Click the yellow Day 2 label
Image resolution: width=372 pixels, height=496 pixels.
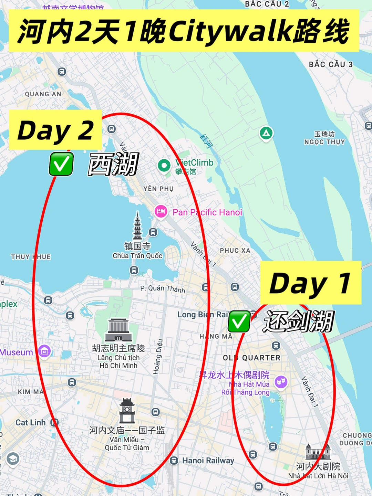pyautogui.click(x=55, y=130)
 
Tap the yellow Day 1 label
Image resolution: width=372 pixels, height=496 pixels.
pyautogui.click(x=310, y=283)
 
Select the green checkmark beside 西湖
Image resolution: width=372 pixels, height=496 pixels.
pyautogui.click(x=61, y=164)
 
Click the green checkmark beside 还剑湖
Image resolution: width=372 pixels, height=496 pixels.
pyautogui.click(x=239, y=321)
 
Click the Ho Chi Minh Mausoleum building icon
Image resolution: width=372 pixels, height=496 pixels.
pyautogui.click(x=118, y=330)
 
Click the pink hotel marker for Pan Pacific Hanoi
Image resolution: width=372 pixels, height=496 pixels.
pyautogui.click(x=161, y=211)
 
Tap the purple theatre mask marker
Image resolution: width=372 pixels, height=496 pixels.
pyautogui.click(x=281, y=381)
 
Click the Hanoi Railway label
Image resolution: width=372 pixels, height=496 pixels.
pyautogui.click(x=208, y=461)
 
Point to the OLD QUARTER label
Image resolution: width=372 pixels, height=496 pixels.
pyautogui.click(x=252, y=358)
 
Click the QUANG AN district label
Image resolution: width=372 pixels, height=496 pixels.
pyautogui.click(x=43, y=94)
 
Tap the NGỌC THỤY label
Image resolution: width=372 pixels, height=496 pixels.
pyautogui.click(x=324, y=141)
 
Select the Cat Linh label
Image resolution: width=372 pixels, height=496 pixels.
pyautogui.click(x=30, y=422)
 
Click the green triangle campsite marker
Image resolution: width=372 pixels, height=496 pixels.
pyautogui.click(x=266, y=133)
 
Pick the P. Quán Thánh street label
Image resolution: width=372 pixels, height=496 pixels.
pyautogui.click(x=163, y=289)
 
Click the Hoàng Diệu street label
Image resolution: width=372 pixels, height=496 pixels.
pyautogui.click(x=158, y=356)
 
